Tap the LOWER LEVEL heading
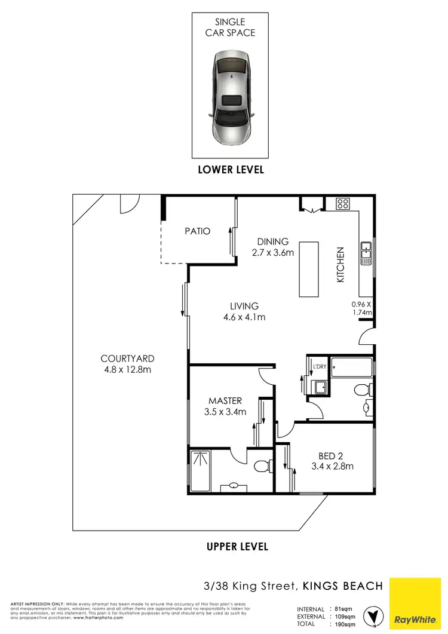pos(231,170)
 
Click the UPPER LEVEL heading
pos(237,546)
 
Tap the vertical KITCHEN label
pos(340,265)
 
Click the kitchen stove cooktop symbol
pos(343,204)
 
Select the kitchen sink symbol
pos(366,254)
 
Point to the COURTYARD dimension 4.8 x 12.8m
pos(127,369)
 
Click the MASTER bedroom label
pos(225,400)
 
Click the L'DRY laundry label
pos(317,366)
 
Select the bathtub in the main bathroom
pos(351,366)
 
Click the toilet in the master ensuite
pos(262,465)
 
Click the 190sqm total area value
pos(342,624)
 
